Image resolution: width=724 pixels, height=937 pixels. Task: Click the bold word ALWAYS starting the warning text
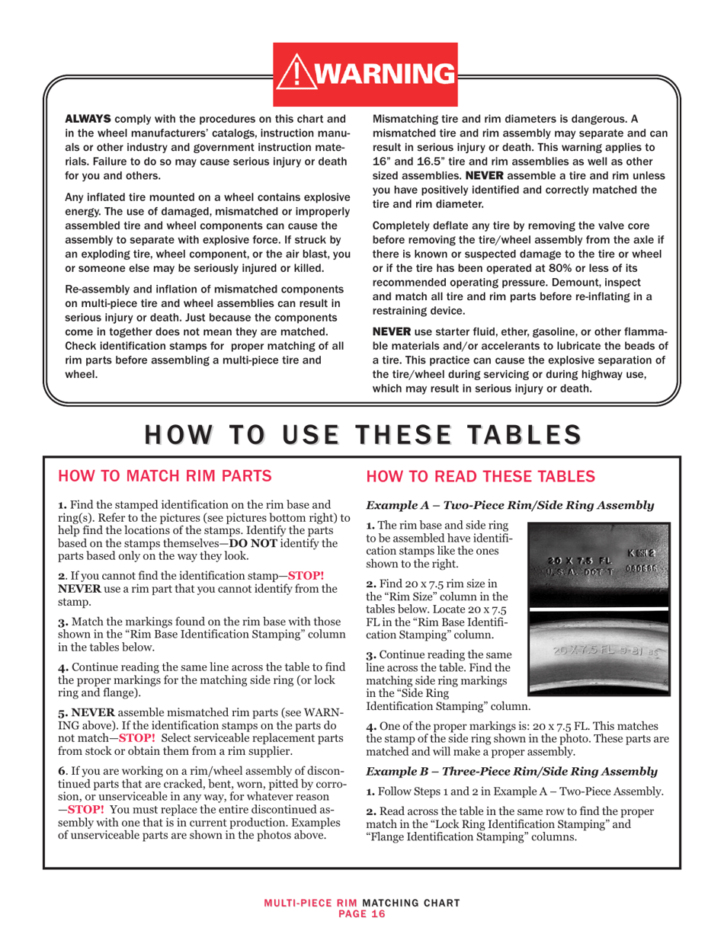(x=87, y=119)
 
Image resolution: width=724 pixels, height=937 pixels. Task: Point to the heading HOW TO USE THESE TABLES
(x=361, y=432)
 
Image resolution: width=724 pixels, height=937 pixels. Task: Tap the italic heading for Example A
(x=510, y=504)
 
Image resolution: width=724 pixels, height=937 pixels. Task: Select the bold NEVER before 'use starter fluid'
(x=391, y=335)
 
